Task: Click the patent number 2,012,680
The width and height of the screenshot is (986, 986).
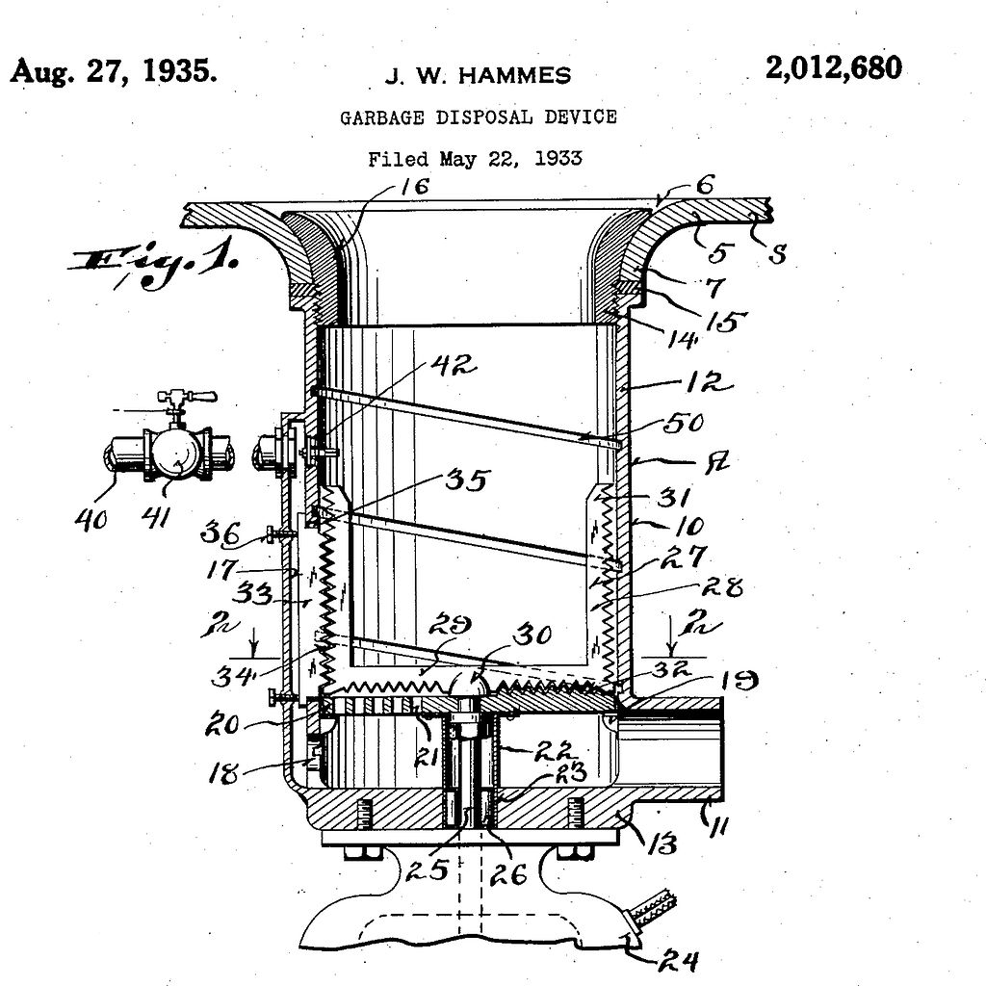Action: tap(834, 69)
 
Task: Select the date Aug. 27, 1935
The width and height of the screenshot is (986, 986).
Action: tap(114, 72)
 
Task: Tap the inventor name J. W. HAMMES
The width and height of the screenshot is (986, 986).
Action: tap(478, 76)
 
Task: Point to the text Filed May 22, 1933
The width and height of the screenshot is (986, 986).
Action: tap(475, 159)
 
